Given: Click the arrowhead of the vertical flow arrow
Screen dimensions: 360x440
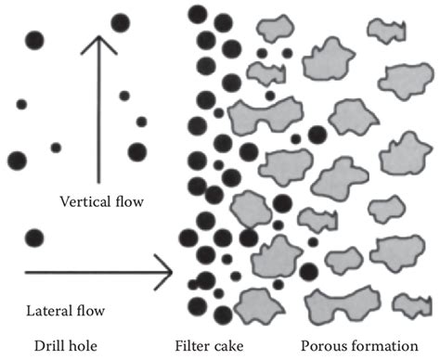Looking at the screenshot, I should click(x=99, y=42).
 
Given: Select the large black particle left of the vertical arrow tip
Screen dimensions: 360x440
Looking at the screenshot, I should click(x=34, y=40).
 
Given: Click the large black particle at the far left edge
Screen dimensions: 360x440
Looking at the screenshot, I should click(x=17, y=161).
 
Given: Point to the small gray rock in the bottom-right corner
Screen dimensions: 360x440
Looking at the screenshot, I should click(x=409, y=302).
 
